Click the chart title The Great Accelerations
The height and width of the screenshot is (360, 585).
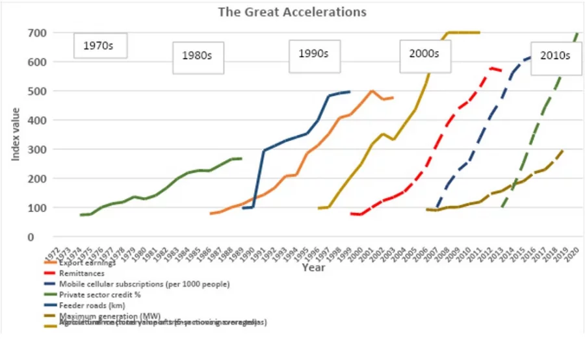click(x=292, y=12)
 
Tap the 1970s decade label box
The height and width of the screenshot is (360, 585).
click(x=99, y=46)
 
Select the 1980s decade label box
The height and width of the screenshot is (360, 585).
click(x=198, y=56)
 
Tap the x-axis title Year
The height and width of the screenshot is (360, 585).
click(x=314, y=266)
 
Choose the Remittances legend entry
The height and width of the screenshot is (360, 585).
click(x=82, y=274)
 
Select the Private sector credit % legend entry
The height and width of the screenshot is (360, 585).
click(x=99, y=294)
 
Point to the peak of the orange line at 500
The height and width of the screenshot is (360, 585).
click(x=372, y=91)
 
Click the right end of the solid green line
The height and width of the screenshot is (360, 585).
click(x=241, y=159)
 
